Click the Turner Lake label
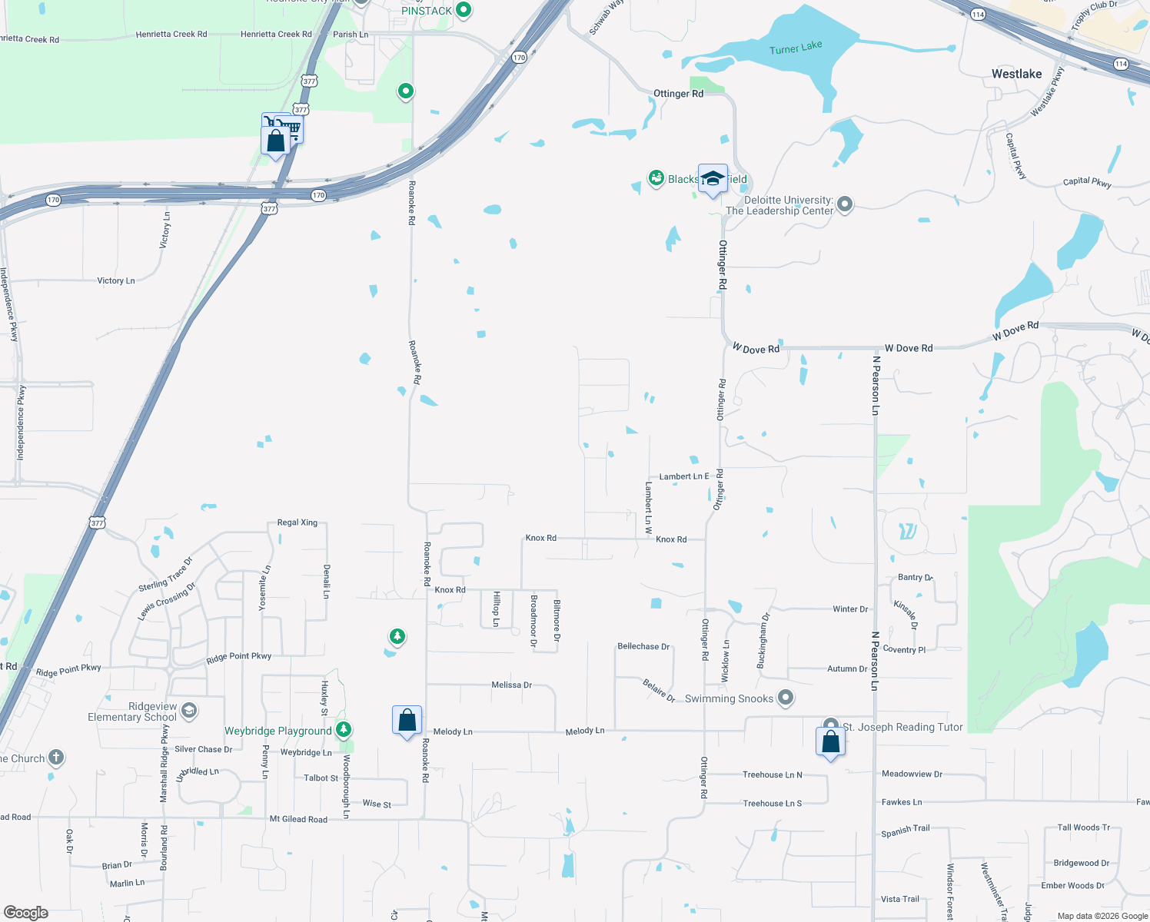click(796, 48)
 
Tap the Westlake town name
click(1016, 74)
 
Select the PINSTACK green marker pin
click(464, 10)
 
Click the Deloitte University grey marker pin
click(845, 204)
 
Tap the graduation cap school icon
click(713, 179)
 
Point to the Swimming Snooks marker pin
click(785, 698)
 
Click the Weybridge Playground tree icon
click(344, 729)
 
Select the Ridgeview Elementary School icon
click(189, 711)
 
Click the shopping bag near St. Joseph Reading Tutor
click(831, 742)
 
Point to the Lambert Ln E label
click(684, 476)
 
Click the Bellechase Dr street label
click(643, 646)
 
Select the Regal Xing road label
click(297, 522)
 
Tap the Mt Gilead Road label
click(298, 819)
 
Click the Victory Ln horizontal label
click(116, 280)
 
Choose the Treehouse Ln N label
click(772, 774)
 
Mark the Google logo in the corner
click(26, 913)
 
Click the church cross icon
click(56, 758)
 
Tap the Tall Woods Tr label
click(1083, 827)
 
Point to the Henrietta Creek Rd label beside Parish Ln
click(276, 34)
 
